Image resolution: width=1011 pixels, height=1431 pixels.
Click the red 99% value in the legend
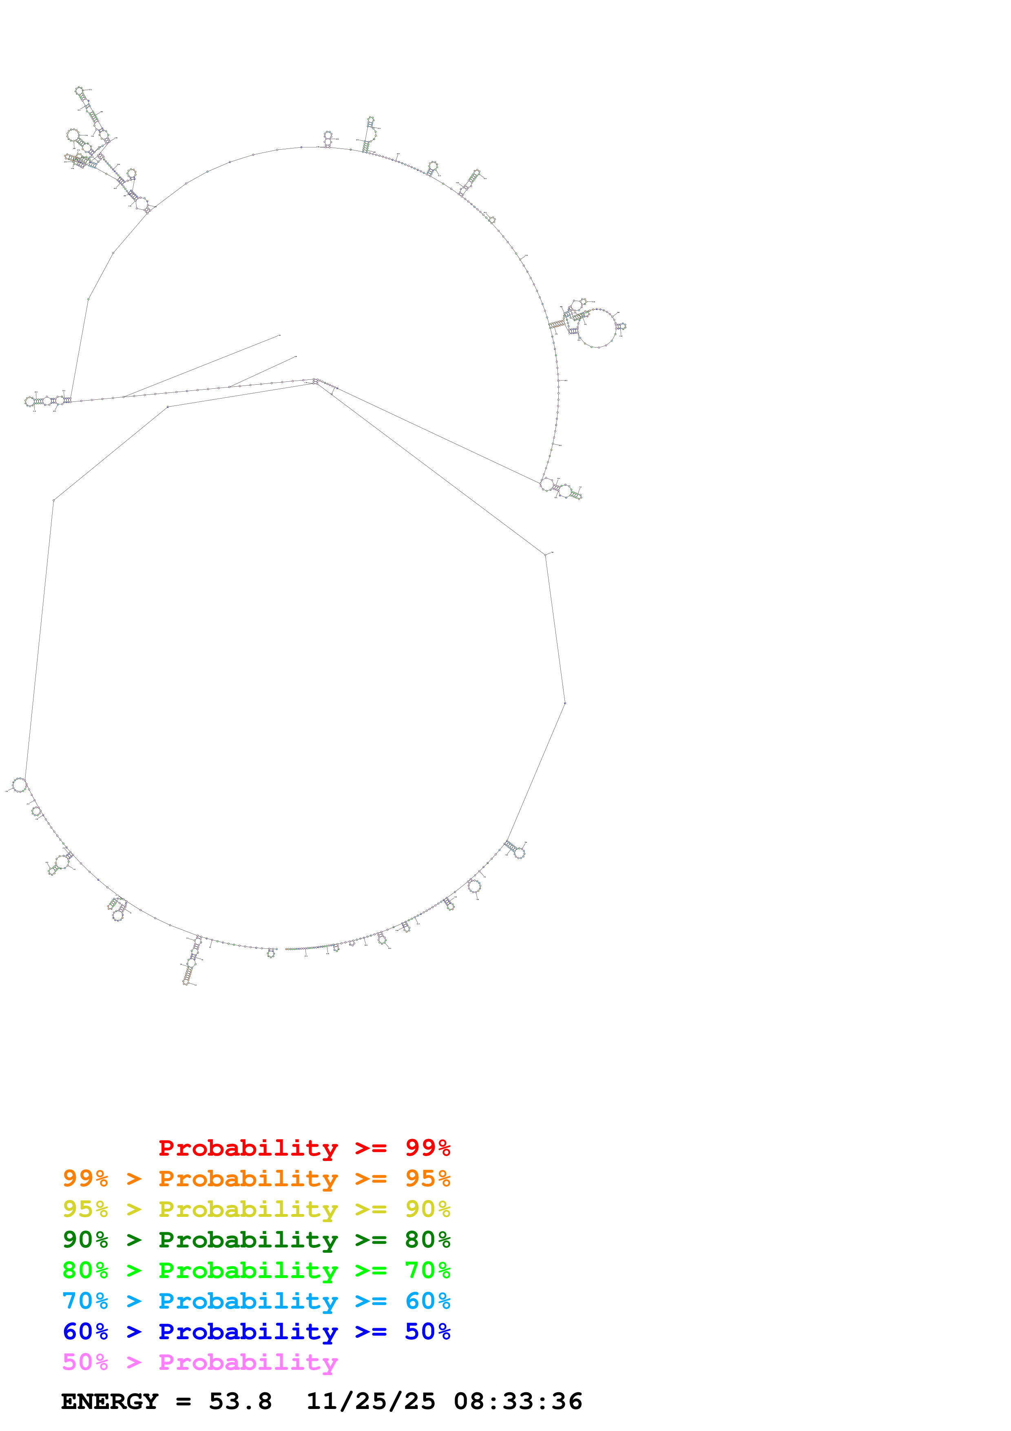coord(427,1148)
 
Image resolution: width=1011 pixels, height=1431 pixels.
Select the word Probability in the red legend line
coord(248,1148)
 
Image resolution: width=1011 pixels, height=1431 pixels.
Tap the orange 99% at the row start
coord(85,1178)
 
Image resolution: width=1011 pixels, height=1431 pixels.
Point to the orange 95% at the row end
coord(427,1178)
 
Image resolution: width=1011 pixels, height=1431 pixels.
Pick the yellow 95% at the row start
coord(85,1209)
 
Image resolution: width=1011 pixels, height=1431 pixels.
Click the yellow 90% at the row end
coord(427,1209)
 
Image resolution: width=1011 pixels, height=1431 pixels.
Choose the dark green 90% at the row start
coord(85,1240)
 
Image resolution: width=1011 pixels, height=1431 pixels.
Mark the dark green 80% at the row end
coord(427,1240)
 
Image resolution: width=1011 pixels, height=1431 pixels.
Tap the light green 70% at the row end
coord(427,1270)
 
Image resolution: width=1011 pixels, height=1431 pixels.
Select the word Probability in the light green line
coord(248,1270)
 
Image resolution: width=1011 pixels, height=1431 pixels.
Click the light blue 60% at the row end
coord(427,1301)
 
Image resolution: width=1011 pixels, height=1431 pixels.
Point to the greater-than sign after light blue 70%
coord(134,1301)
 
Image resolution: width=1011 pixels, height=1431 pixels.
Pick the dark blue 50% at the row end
coord(427,1331)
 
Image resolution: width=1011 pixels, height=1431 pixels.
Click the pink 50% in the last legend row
coord(85,1362)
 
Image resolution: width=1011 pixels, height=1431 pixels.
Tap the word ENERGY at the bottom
coord(110,1402)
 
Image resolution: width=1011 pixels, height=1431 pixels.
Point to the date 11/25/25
coord(371,1402)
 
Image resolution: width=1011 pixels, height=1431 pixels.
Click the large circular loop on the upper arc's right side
coord(597,328)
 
